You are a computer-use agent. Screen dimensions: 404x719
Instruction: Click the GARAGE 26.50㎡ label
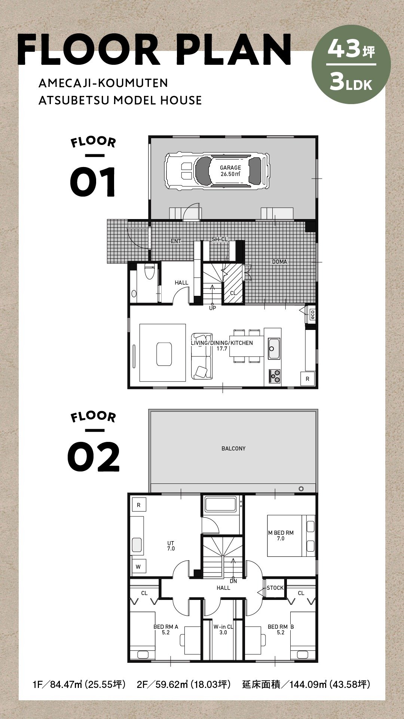click(x=230, y=171)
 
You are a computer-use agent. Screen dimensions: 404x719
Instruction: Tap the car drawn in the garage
click(x=217, y=171)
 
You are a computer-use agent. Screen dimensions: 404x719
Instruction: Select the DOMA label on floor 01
click(x=279, y=262)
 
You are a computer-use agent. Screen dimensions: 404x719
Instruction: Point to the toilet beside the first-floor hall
click(x=149, y=271)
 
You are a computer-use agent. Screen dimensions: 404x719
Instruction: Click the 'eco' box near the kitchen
click(x=312, y=315)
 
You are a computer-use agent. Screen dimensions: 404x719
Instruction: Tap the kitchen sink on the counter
click(x=274, y=348)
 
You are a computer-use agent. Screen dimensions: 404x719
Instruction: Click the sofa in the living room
click(x=202, y=356)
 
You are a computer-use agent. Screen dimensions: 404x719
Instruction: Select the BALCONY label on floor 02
click(x=233, y=448)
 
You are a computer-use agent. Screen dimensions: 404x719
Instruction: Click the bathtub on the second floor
click(x=221, y=504)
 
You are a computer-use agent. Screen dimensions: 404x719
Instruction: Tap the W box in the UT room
click(x=138, y=567)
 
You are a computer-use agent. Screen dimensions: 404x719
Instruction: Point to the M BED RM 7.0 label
click(x=281, y=536)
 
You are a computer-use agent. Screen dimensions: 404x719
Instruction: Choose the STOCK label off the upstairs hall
click(x=275, y=588)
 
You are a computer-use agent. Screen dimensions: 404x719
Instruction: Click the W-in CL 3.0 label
click(x=223, y=629)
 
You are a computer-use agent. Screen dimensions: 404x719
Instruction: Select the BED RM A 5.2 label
click(x=166, y=629)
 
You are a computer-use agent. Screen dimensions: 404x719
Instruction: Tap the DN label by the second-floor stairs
click(x=233, y=581)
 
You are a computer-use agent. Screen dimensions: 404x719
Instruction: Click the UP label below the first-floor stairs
click(x=212, y=308)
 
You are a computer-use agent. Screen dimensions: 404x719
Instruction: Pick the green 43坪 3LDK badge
click(x=351, y=64)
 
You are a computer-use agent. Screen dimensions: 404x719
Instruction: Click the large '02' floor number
click(x=94, y=456)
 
